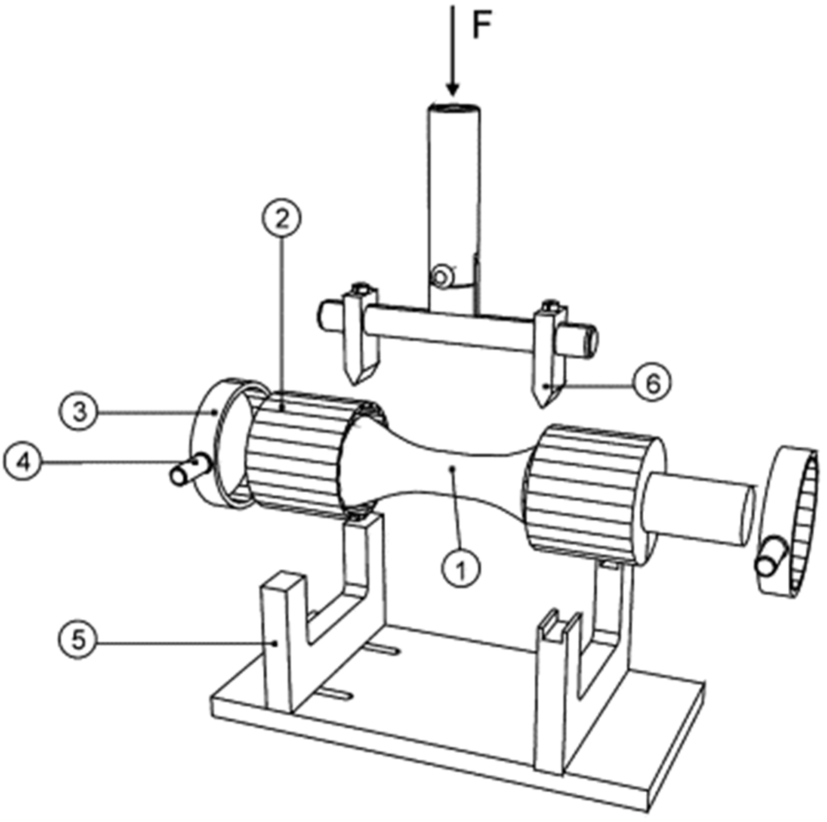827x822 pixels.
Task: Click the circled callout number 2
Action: tap(282, 219)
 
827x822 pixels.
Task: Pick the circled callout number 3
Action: tap(79, 412)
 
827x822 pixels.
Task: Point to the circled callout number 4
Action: tap(24, 463)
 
